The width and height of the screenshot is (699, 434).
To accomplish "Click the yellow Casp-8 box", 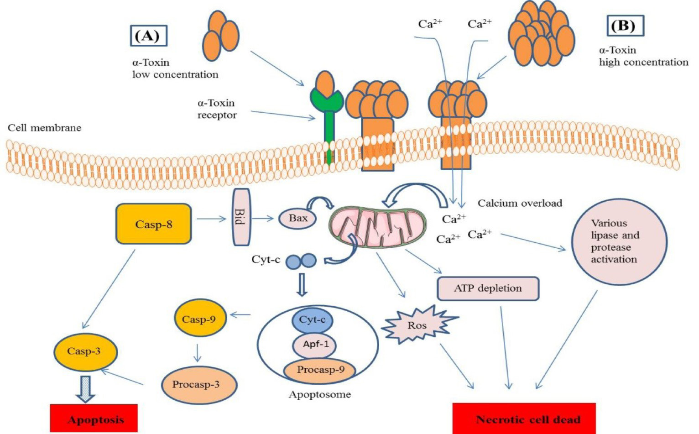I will tap(153, 224).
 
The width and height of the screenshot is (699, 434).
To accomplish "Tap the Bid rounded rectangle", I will tap(241, 217).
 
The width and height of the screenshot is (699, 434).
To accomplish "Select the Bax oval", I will tap(297, 219).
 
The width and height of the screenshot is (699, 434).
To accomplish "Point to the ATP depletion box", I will tap(488, 288).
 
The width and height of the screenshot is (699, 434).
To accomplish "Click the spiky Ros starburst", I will tap(417, 325).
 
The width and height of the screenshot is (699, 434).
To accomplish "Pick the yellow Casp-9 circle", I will tap(200, 319).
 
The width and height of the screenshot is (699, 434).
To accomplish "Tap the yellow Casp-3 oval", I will tap(85, 352).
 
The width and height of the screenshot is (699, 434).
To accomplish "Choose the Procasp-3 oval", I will tap(198, 385).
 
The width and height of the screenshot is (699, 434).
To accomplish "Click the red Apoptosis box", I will tap(94, 418).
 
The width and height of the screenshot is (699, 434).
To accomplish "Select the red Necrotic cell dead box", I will tap(524, 418).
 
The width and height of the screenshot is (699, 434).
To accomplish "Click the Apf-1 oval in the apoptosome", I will tap(315, 345).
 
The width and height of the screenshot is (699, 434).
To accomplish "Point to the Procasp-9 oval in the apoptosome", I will tap(319, 370).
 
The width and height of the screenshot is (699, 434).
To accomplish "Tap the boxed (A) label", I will tap(149, 36).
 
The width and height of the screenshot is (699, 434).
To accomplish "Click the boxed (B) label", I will tap(625, 26).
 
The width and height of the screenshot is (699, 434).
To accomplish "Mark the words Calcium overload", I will tap(520, 203).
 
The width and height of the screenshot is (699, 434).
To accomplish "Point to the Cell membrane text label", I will tap(44, 128).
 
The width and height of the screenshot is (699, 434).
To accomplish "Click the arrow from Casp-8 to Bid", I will tap(211, 219).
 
